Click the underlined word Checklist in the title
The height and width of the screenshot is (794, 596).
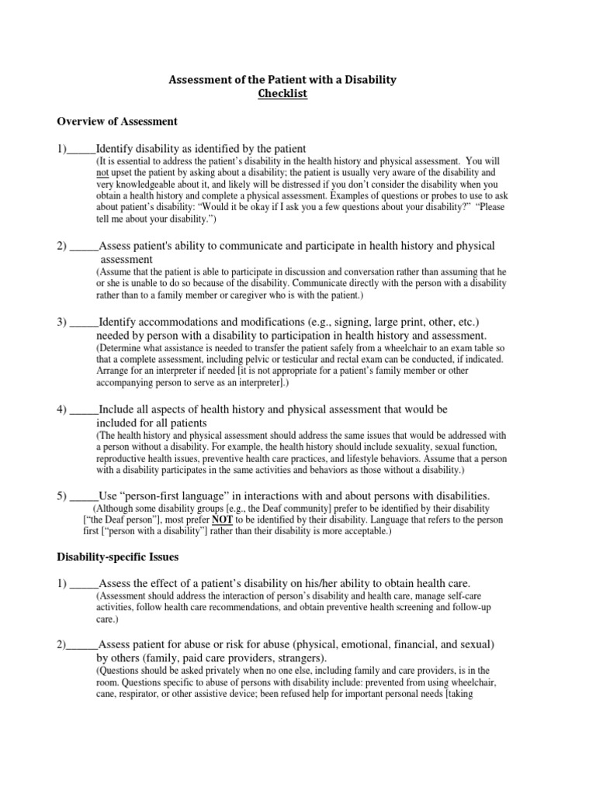pos(283,94)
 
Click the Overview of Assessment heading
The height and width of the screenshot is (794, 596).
pos(118,122)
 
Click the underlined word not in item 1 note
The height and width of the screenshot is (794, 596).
pos(102,171)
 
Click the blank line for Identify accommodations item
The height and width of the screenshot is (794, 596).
pos(84,322)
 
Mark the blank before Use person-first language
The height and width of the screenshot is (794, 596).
pos(84,495)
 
